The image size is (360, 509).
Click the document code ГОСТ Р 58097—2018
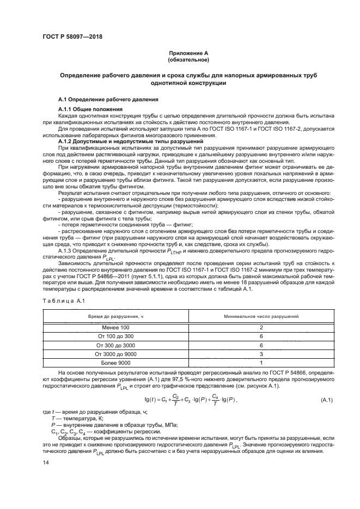coord(71,36)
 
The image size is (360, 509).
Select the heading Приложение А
coord(188,53)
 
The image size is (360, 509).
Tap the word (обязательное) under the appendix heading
coord(188,59)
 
